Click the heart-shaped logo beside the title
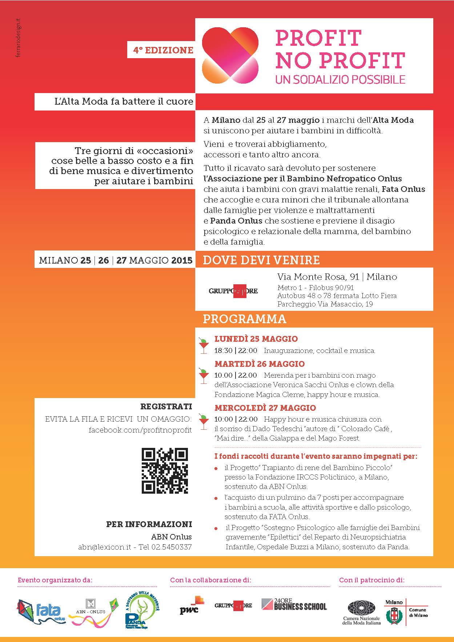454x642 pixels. (230, 55)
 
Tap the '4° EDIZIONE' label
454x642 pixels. (163, 50)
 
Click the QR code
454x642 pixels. (165, 470)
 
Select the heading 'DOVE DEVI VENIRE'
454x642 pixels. (261, 260)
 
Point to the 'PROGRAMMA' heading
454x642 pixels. (244, 319)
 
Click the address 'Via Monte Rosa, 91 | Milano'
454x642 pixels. (337, 277)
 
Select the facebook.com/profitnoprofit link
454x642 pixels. (140, 430)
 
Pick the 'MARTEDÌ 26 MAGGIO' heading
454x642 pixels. (260, 364)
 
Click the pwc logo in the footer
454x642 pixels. (190, 605)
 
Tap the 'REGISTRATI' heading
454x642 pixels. (166, 406)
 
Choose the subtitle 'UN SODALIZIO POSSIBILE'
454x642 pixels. (340, 79)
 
